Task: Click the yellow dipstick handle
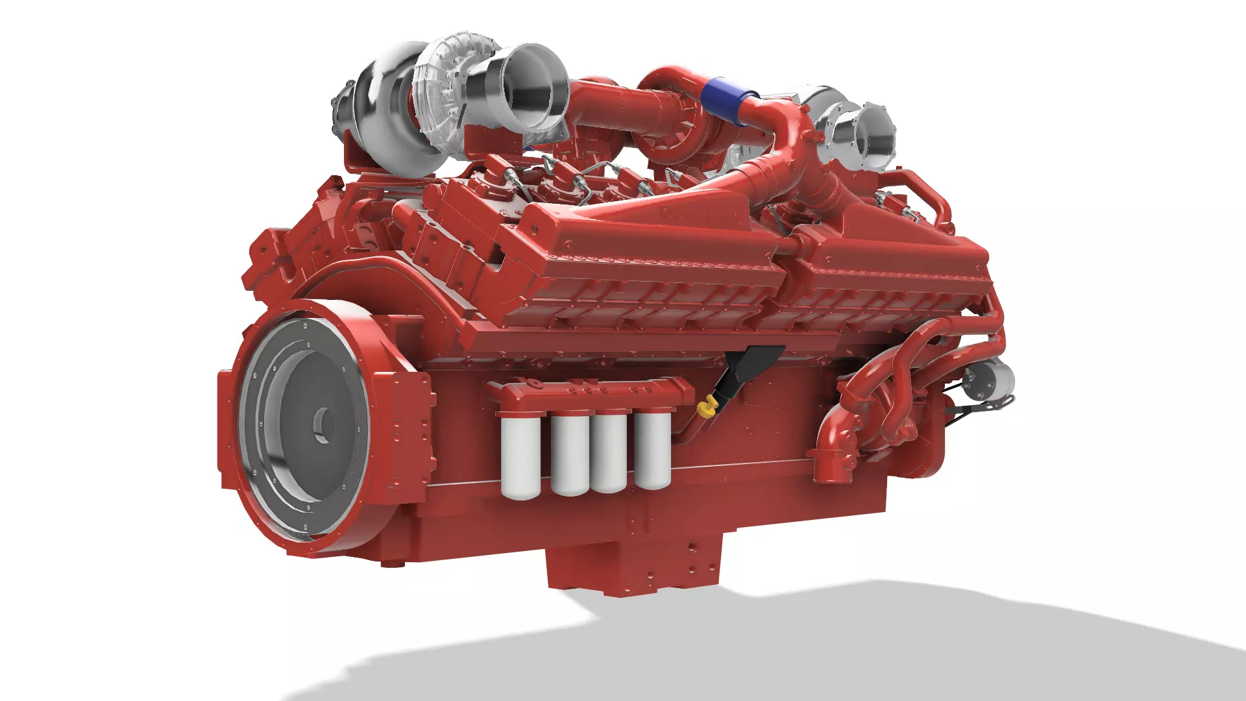[x=706, y=408]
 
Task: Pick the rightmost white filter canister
[x=652, y=449]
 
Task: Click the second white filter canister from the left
[x=570, y=454]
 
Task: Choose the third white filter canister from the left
[x=609, y=452]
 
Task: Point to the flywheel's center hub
[x=323, y=425]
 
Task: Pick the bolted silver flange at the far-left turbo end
[x=343, y=110]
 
